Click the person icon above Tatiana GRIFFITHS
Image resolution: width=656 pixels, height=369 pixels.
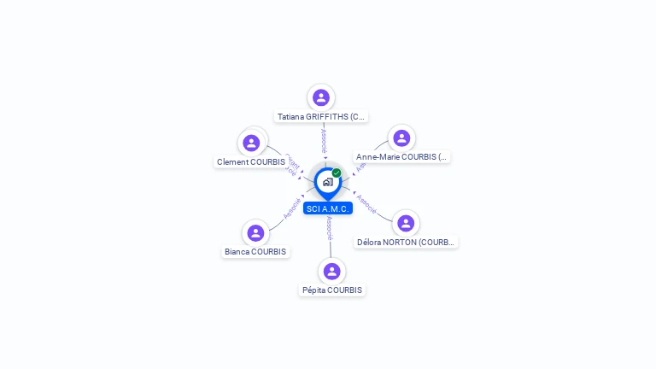click(x=321, y=97)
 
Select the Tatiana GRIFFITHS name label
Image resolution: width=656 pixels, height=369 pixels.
click(x=321, y=116)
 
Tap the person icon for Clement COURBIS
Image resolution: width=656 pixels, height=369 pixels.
click(x=251, y=143)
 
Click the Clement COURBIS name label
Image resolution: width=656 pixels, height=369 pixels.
click(x=251, y=161)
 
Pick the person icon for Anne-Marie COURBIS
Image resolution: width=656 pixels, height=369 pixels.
click(x=401, y=138)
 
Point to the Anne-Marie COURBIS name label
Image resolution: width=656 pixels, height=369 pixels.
click(x=401, y=157)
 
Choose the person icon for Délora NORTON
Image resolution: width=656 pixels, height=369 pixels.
click(x=406, y=223)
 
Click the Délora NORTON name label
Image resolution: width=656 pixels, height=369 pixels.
click(x=406, y=242)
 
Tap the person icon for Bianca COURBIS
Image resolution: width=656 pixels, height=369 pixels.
click(x=255, y=232)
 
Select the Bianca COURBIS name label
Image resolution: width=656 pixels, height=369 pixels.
click(x=255, y=251)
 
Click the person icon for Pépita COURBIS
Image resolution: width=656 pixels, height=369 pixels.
click(x=332, y=271)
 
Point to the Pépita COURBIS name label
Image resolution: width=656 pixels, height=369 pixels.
click(x=332, y=290)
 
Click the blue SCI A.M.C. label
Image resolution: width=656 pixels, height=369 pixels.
click(x=328, y=208)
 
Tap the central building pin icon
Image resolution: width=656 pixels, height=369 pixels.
click(x=327, y=182)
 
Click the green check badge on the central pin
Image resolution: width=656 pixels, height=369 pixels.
click(x=337, y=173)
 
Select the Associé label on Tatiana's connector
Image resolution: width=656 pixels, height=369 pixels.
click(x=323, y=140)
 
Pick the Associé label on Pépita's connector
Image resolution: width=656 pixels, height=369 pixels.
click(x=330, y=228)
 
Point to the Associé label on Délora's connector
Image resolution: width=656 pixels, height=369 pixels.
click(x=366, y=203)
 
